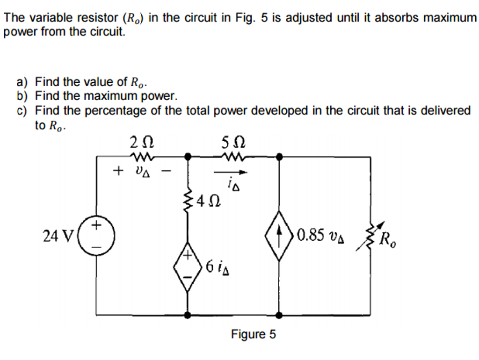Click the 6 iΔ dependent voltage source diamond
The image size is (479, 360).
(188, 267)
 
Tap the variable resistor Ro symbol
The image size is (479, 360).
(370, 237)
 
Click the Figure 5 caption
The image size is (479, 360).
(253, 334)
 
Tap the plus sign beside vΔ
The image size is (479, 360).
(118, 171)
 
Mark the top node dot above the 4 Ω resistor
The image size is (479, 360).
(188, 156)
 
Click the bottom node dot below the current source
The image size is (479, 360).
(279, 315)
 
